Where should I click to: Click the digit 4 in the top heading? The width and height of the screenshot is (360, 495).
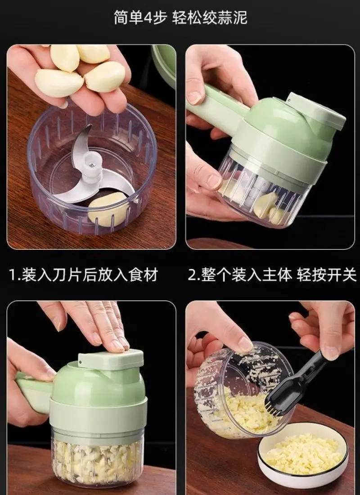pos(148,17)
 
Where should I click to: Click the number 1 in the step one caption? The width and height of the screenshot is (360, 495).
pos(12,274)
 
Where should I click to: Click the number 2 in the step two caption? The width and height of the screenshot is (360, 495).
pos(192,274)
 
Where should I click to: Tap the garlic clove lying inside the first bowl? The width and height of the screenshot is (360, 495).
pos(107,208)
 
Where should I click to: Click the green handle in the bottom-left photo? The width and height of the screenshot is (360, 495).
pos(33,393)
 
